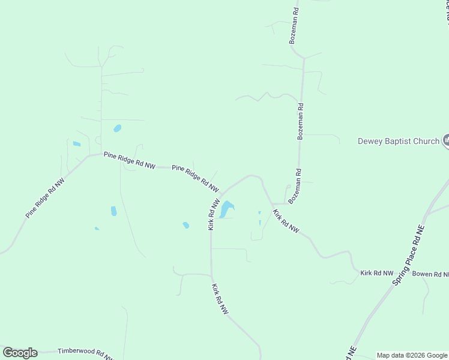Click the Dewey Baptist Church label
pyautogui.click(x=399, y=142)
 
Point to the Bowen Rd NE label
pyautogui.click(x=430, y=274)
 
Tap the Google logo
pyautogui.click(x=20, y=353)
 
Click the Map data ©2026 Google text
pyautogui.click(x=412, y=355)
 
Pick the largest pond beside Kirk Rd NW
pyautogui.click(x=226, y=209)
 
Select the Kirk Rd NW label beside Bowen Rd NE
pyautogui.click(x=376, y=273)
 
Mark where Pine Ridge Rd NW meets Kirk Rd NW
pyautogui.click(x=220, y=196)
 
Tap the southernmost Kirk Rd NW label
pyautogui.click(x=220, y=299)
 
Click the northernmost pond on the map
pyautogui.click(x=117, y=128)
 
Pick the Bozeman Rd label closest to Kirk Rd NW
pyautogui.click(x=294, y=186)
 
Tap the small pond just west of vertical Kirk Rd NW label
pyautogui.click(x=186, y=225)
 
